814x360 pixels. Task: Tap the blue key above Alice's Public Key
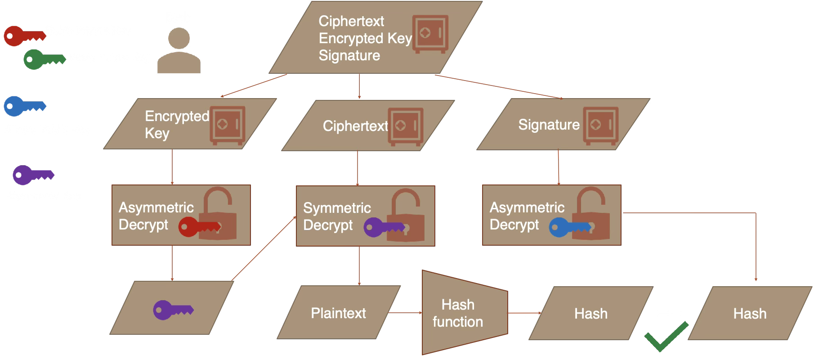point(23,106)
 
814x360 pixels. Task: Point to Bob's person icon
point(179,50)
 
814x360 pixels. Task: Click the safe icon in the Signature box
point(600,126)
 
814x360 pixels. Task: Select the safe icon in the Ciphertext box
point(406,126)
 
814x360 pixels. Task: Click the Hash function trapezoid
point(463,313)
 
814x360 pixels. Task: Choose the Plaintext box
point(338,313)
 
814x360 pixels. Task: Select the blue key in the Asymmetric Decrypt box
point(568,227)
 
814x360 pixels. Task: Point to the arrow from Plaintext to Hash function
point(405,312)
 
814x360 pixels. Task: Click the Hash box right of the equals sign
point(750,313)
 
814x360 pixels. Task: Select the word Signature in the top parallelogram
point(349,56)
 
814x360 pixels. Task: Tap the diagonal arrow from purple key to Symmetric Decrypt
point(263,249)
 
